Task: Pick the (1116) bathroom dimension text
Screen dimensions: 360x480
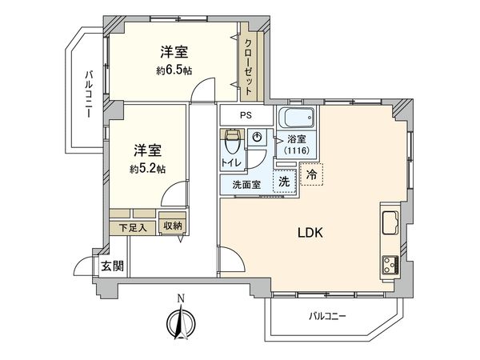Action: [x=295, y=150]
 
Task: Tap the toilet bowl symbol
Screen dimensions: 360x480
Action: [x=233, y=144]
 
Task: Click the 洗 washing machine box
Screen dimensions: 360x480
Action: [x=284, y=182]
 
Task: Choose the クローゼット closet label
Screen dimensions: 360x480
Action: [x=249, y=67]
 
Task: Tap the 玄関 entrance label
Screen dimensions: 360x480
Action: [x=112, y=266]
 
